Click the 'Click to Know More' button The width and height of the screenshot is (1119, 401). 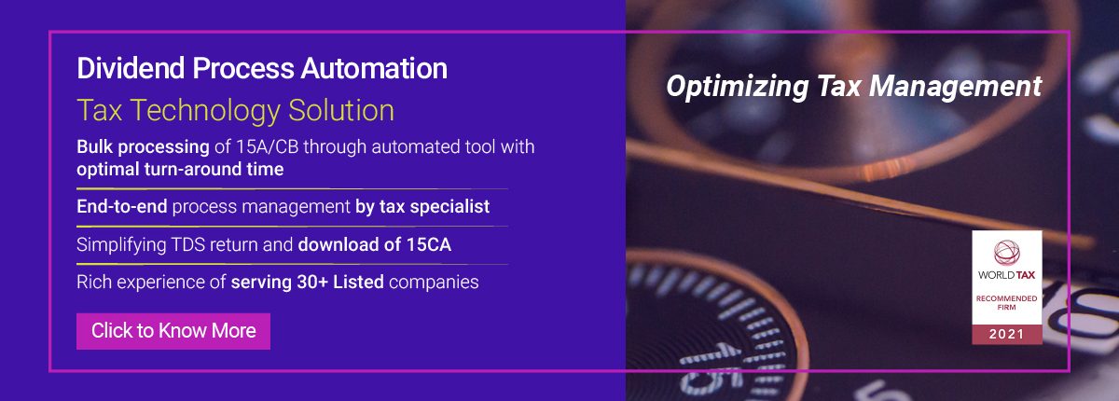pyautogui.click(x=173, y=331)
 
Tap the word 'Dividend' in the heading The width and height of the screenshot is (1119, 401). pyautogui.click(x=131, y=68)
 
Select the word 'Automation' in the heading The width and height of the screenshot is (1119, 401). pyautogui.click(x=374, y=68)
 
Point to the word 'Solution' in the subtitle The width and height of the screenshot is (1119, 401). pyautogui.click(x=341, y=110)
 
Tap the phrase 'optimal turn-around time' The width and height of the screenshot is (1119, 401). pyautogui.click(x=180, y=170)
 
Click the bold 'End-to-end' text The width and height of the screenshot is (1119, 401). pyautogui.click(x=122, y=207)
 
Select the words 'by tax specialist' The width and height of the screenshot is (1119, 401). pyautogui.click(x=422, y=207)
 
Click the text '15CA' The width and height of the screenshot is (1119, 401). pyautogui.click(x=429, y=244)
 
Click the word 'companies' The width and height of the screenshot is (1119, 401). pyautogui.click(x=434, y=283)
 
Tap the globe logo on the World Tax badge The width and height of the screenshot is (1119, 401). pyautogui.click(x=1006, y=252)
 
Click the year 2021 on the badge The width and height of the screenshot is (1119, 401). pyautogui.click(x=1006, y=334)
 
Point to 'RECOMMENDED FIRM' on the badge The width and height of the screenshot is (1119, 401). pyautogui.click(x=1006, y=303)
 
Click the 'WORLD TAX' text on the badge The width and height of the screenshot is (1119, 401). pyautogui.click(x=1006, y=275)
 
